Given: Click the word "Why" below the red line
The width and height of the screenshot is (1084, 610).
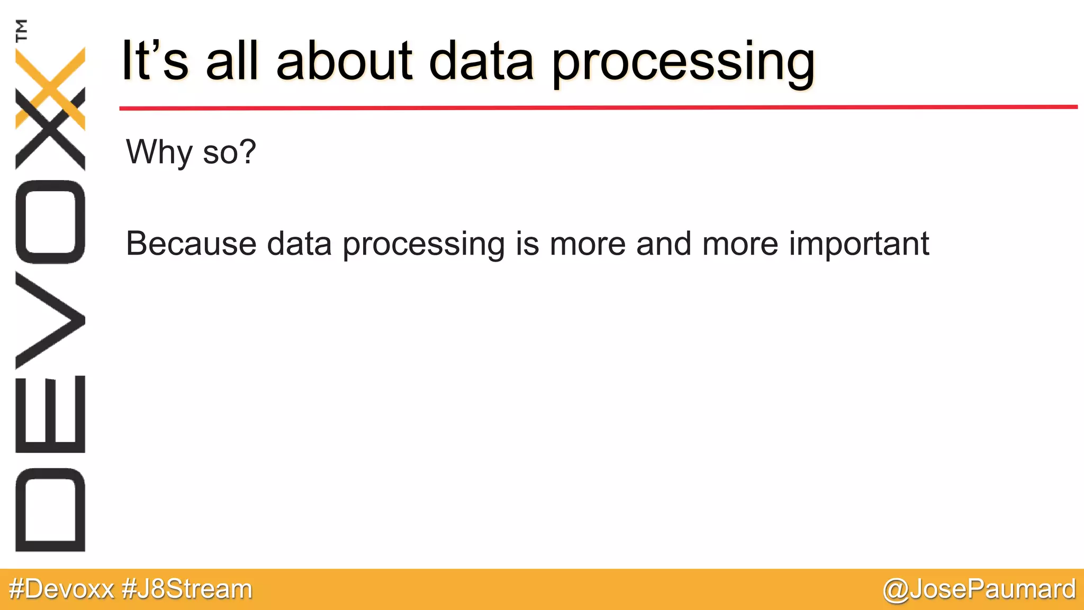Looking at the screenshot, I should coord(159,152).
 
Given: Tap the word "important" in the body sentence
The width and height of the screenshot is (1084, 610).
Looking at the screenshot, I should coord(859,245).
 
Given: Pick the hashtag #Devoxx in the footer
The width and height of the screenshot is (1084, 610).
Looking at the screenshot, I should coord(61,589).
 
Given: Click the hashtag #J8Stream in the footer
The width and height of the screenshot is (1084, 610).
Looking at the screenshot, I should coord(187,589).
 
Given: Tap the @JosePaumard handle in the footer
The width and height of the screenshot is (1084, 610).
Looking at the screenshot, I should coord(979,589).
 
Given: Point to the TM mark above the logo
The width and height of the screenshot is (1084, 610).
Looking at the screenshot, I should coord(22,30).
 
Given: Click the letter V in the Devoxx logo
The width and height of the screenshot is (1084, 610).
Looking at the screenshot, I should coord(50,320).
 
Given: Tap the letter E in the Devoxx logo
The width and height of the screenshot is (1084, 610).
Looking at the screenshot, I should coord(50,414).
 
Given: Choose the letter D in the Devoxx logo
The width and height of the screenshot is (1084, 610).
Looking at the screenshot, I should coord(50,509).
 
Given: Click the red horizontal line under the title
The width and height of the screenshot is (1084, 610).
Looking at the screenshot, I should coord(598,107).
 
